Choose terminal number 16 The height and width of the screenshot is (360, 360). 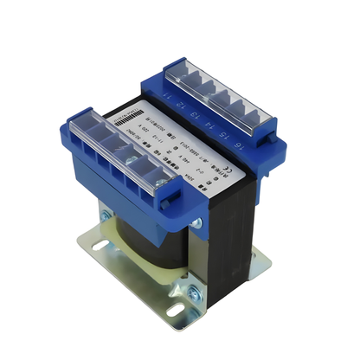click(x=231, y=147)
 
